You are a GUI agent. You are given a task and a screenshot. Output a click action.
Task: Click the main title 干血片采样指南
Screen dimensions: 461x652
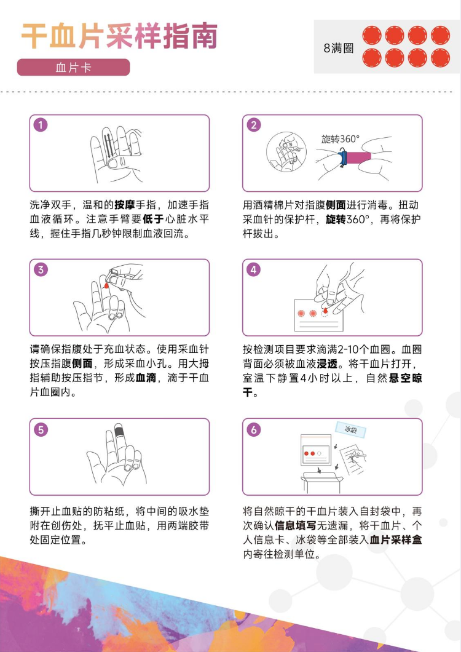(x=119, y=36)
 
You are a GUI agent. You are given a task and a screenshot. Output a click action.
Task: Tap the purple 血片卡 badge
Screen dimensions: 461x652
(x=73, y=68)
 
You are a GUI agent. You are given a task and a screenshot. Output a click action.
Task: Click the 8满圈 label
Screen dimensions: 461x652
(x=338, y=48)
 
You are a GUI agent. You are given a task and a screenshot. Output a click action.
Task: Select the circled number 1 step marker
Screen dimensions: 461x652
(x=41, y=125)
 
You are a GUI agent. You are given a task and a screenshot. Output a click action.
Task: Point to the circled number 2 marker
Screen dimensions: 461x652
(x=254, y=125)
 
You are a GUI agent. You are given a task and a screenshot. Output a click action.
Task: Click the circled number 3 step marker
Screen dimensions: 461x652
(x=41, y=269)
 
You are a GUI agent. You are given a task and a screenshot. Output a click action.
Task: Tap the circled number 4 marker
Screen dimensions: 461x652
(x=254, y=269)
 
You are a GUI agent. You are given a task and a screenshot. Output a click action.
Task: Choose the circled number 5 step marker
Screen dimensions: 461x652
(x=41, y=429)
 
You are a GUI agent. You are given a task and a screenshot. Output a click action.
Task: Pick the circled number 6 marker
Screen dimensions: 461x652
(x=254, y=429)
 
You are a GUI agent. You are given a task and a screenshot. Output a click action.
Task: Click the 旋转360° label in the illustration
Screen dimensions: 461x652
(x=340, y=139)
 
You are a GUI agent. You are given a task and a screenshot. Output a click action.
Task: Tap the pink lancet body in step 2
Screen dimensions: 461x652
(x=358, y=157)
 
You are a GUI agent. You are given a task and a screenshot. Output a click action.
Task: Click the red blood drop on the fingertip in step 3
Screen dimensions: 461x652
(x=106, y=285)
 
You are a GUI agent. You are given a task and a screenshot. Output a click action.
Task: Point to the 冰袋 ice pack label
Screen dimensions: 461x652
(x=351, y=429)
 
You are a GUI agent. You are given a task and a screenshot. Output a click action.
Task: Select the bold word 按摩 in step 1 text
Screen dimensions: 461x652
(x=125, y=205)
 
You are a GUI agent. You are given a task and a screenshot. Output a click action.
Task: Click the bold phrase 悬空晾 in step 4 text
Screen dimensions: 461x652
(x=405, y=378)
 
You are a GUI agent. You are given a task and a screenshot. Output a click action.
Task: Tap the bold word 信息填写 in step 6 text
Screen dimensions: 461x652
(x=296, y=525)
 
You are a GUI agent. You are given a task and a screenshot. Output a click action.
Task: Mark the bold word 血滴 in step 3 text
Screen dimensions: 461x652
(x=146, y=378)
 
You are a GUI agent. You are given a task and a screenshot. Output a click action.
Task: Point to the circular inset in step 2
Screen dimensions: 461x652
(x=286, y=152)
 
